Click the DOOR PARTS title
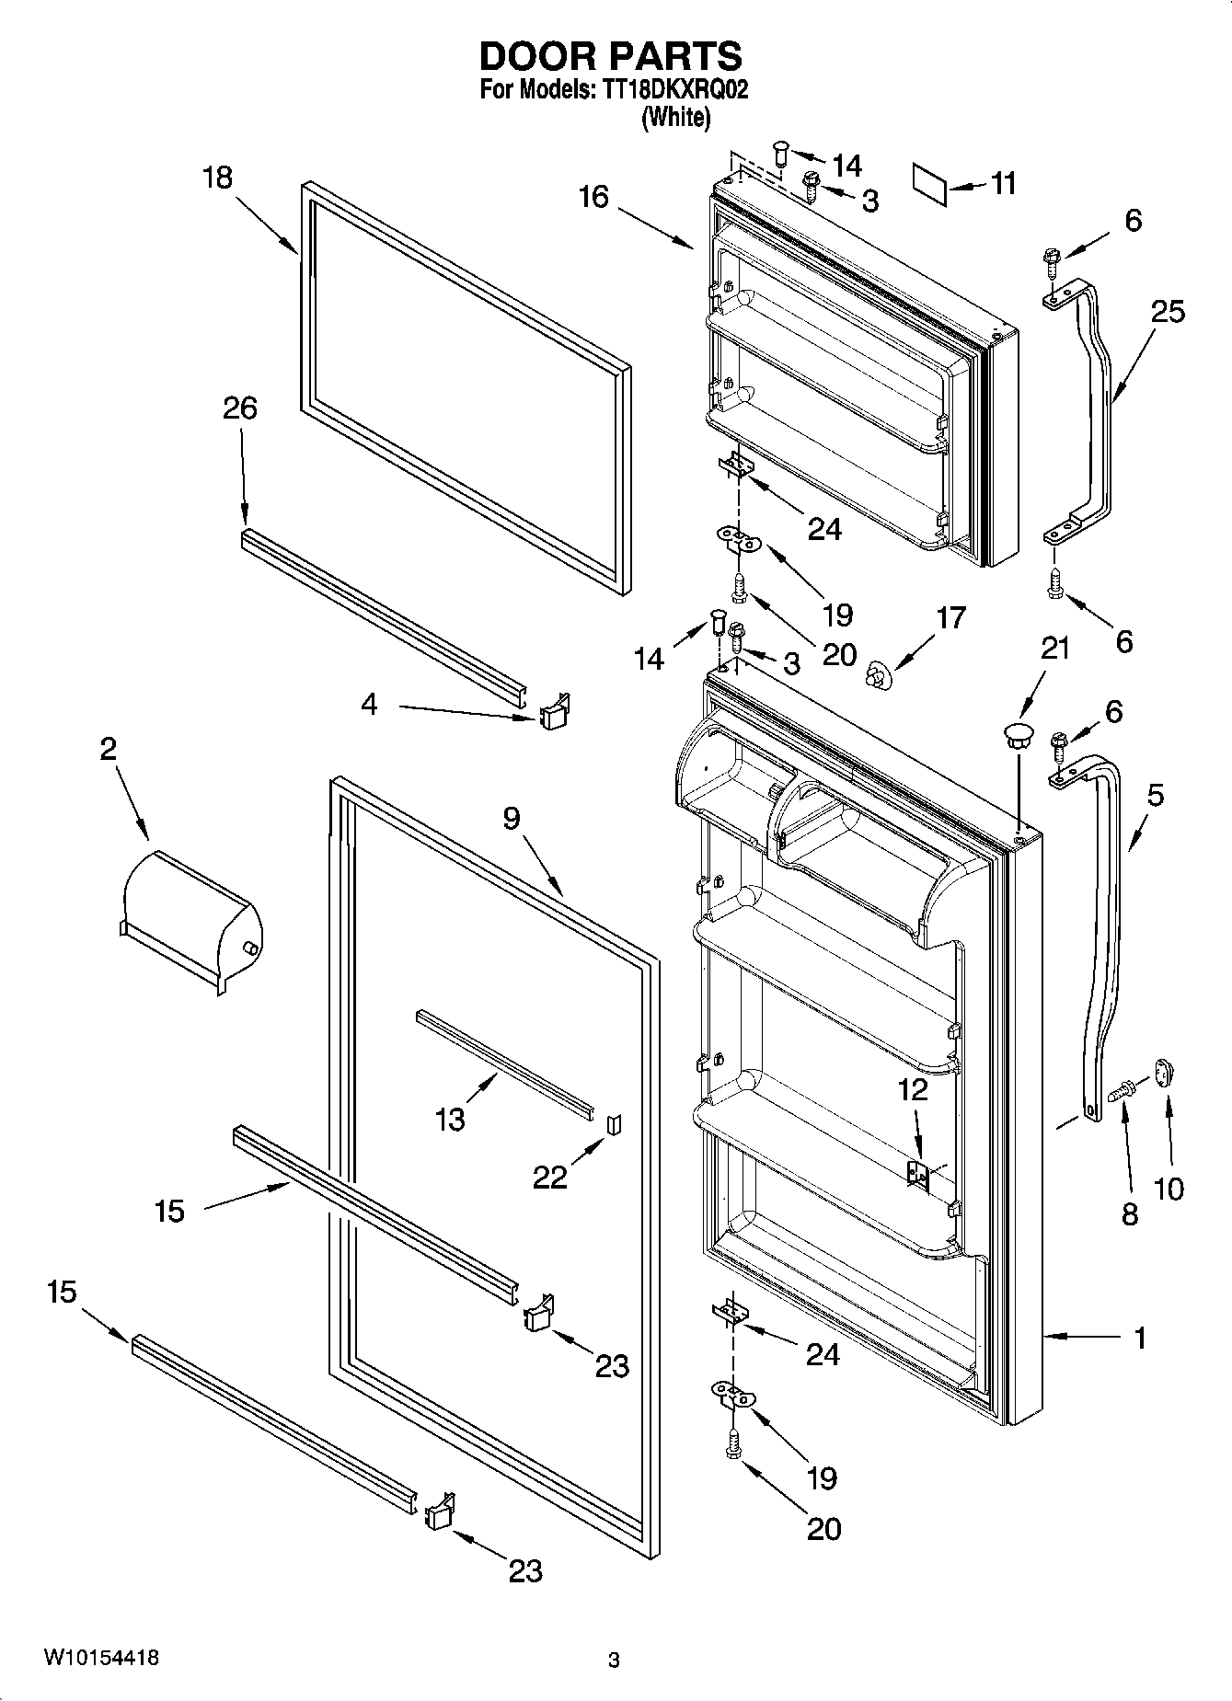(x=611, y=56)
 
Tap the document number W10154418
(x=100, y=1658)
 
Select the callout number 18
(x=217, y=177)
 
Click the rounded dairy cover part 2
(x=191, y=920)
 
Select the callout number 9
(x=512, y=817)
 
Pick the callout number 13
(x=450, y=1120)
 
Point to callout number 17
(x=950, y=617)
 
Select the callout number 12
(x=913, y=1089)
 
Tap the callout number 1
(x=1139, y=1338)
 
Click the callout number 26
(x=240, y=408)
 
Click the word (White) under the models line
(x=675, y=117)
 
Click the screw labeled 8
(x=1122, y=1092)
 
